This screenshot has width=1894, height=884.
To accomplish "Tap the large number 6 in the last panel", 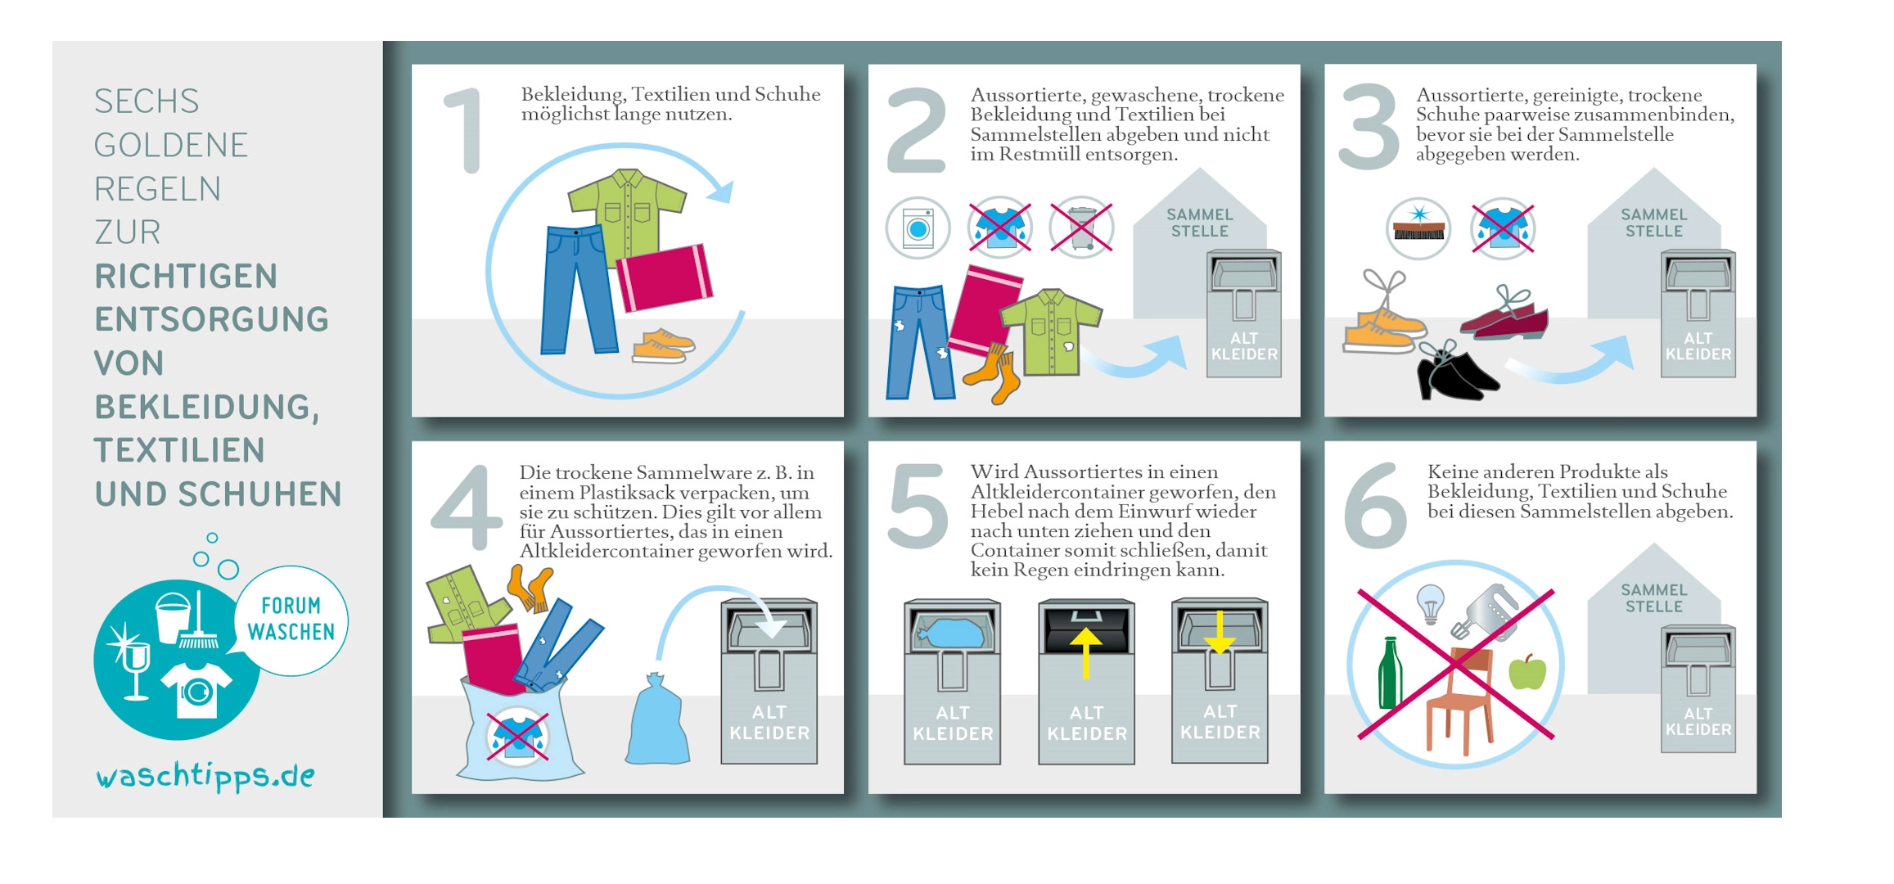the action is [1375, 505].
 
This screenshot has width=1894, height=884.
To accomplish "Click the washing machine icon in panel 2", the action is [918, 228].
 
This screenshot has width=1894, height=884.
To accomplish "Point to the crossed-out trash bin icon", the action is [1081, 227].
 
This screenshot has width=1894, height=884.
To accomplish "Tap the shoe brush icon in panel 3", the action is [1418, 228].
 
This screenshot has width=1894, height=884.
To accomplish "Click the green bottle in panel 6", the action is [1389, 674].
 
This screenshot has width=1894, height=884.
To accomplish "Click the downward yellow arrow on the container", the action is [1220, 632].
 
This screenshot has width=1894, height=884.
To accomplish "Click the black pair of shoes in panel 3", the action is [1457, 372].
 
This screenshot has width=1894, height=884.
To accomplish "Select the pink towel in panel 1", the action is [664, 277].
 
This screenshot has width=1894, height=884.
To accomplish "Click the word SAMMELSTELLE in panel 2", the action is [1199, 223].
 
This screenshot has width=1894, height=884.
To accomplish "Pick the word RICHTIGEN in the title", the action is [186, 277].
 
